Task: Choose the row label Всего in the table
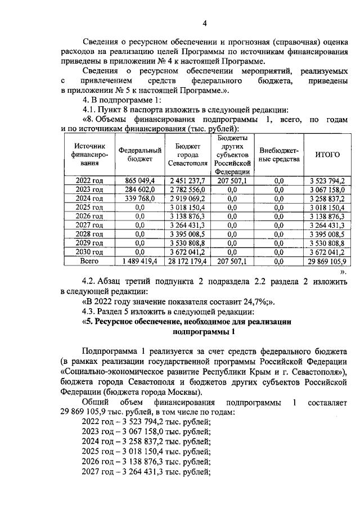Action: point(89,262)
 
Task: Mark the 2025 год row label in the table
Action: point(89,208)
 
